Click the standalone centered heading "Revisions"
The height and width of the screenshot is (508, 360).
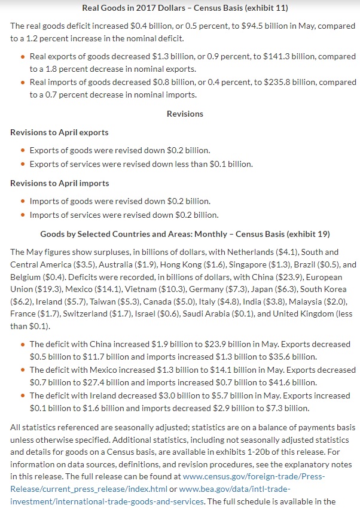[x=185, y=114]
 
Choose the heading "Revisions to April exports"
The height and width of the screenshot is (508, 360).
[x=60, y=132]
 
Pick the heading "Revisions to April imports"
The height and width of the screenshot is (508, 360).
[x=60, y=183]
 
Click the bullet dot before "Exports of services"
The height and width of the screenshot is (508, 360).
[x=23, y=164]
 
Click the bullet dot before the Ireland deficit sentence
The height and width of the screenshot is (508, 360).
[x=23, y=396]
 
